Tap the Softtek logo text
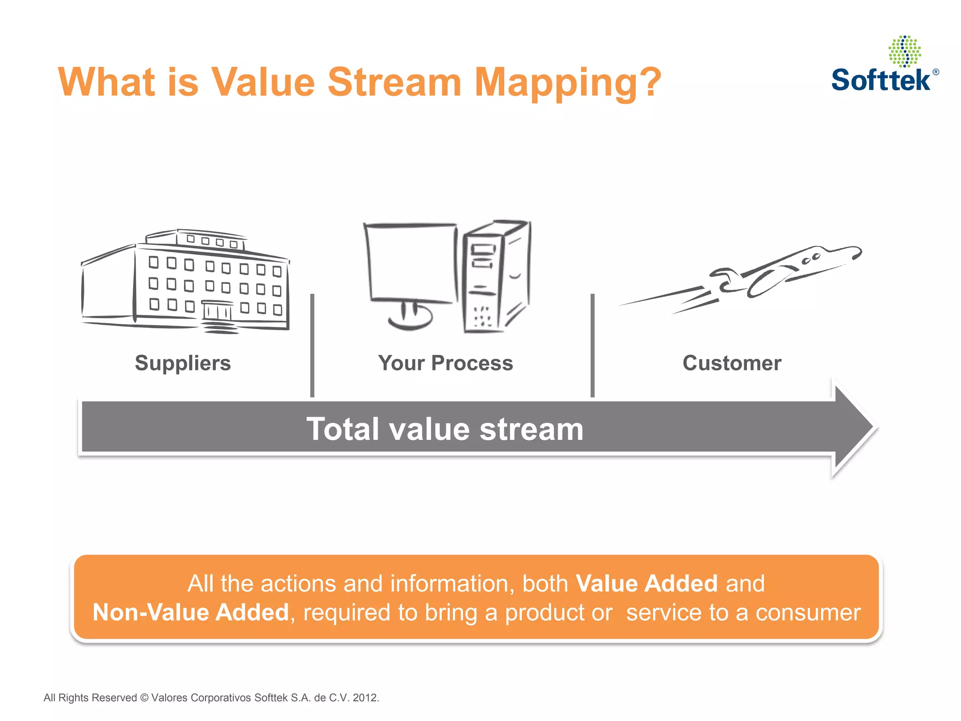pyautogui.click(x=881, y=80)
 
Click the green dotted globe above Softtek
pyautogui.click(x=905, y=51)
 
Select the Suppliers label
pyautogui.click(x=183, y=363)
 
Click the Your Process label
pyautogui.click(x=445, y=363)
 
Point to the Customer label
pyautogui.click(x=732, y=363)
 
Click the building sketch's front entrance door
pyautogui.click(x=217, y=311)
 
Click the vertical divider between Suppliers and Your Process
pyautogui.click(x=312, y=345)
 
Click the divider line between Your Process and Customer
pyautogui.click(x=592, y=345)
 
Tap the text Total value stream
pyautogui.click(x=444, y=429)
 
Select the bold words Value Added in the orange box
pyautogui.click(x=646, y=583)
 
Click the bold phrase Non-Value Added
pyautogui.click(x=191, y=613)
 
